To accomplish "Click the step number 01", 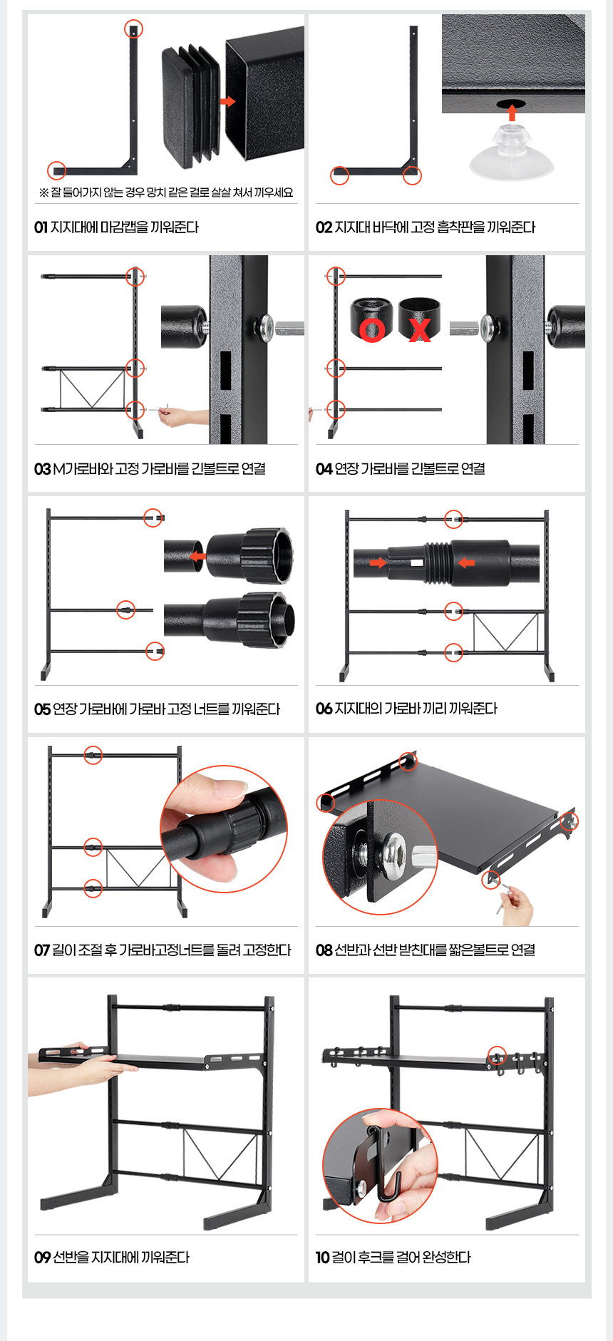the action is click(41, 227).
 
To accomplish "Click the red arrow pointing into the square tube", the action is click(227, 102).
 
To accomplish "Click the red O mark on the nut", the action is click(372, 330).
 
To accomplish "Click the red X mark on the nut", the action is click(420, 330).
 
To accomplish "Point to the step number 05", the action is click(42, 709).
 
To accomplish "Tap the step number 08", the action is click(324, 950).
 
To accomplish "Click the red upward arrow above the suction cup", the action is click(512, 112).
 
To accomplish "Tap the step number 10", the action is click(322, 1258).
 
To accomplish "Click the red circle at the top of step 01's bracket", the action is click(133, 29).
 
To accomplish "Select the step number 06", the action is click(324, 709).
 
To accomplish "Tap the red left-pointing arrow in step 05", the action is click(197, 556).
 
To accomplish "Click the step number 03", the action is click(42, 469).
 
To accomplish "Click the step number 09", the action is click(42, 1258).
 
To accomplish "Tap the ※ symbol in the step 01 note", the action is click(44, 192).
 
